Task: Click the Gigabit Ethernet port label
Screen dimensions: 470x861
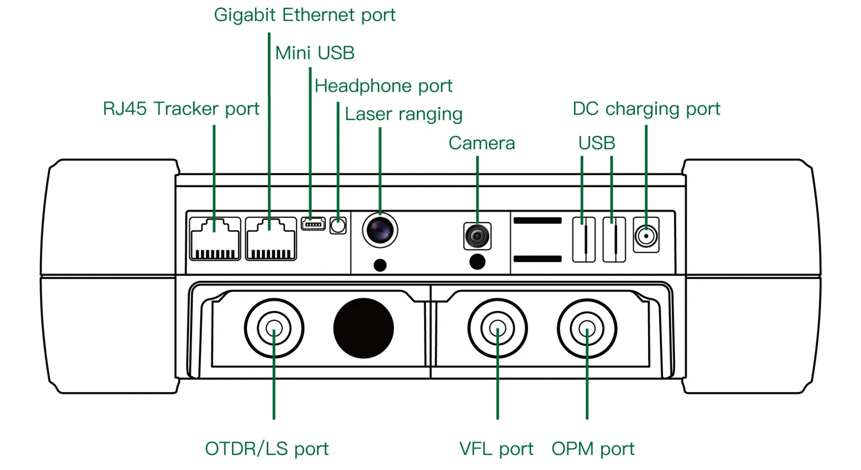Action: (304, 15)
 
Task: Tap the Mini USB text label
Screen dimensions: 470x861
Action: (315, 53)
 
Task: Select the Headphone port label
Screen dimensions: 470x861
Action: (383, 86)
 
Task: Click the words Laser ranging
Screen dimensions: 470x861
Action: (403, 114)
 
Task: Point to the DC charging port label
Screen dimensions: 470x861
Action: (646, 109)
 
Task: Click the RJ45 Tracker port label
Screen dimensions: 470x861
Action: (181, 109)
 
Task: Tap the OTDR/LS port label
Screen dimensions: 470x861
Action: (266, 449)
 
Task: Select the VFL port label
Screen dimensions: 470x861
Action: (496, 449)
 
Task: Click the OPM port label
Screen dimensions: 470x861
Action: (593, 449)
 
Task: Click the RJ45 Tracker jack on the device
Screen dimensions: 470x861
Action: (215, 238)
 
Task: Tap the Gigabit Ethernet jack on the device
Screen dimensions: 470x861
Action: (271, 238)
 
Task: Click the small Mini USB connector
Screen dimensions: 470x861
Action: (313, 224)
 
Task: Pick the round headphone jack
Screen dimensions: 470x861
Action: (338, 225)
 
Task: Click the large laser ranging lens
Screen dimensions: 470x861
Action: (380, 230)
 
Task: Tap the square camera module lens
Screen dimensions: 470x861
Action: (477, 236)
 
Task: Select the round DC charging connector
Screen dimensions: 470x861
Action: (646, 235)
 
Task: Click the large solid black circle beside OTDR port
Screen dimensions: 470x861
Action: (364, 328)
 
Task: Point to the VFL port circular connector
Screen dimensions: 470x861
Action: (497, 328)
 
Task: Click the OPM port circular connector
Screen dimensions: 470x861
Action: (587, 328)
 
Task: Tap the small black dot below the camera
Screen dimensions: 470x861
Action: (477, 262)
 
